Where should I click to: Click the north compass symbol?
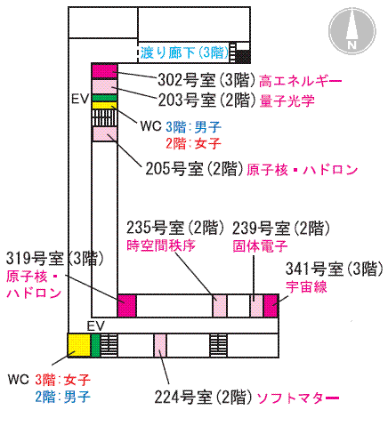coord(352,31)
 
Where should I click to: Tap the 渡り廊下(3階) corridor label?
coord(185,52)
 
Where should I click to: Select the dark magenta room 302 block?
coord(104,71)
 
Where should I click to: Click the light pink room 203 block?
coord(104,86)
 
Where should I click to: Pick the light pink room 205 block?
coord(105,134)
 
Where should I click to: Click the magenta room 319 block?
coord(126,306)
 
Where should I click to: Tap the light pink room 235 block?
coord(220,306)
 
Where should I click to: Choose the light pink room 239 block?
coord(256,306)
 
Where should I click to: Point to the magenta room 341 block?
coord(271,306)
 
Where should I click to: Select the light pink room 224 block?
coord(160,345)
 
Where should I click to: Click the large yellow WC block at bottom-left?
coord(79,345)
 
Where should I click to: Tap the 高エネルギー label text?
coord(300,81)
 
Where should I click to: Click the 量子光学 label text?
coord(287,101)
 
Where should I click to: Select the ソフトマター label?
coord(297,398)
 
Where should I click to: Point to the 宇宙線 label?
coord(306,287)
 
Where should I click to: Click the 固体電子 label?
coord(260,246)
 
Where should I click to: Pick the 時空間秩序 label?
coord(161,245)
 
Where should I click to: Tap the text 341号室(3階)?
coord(335,269)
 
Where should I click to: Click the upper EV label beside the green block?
coord(80,99)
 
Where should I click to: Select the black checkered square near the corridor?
coord(243,57)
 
